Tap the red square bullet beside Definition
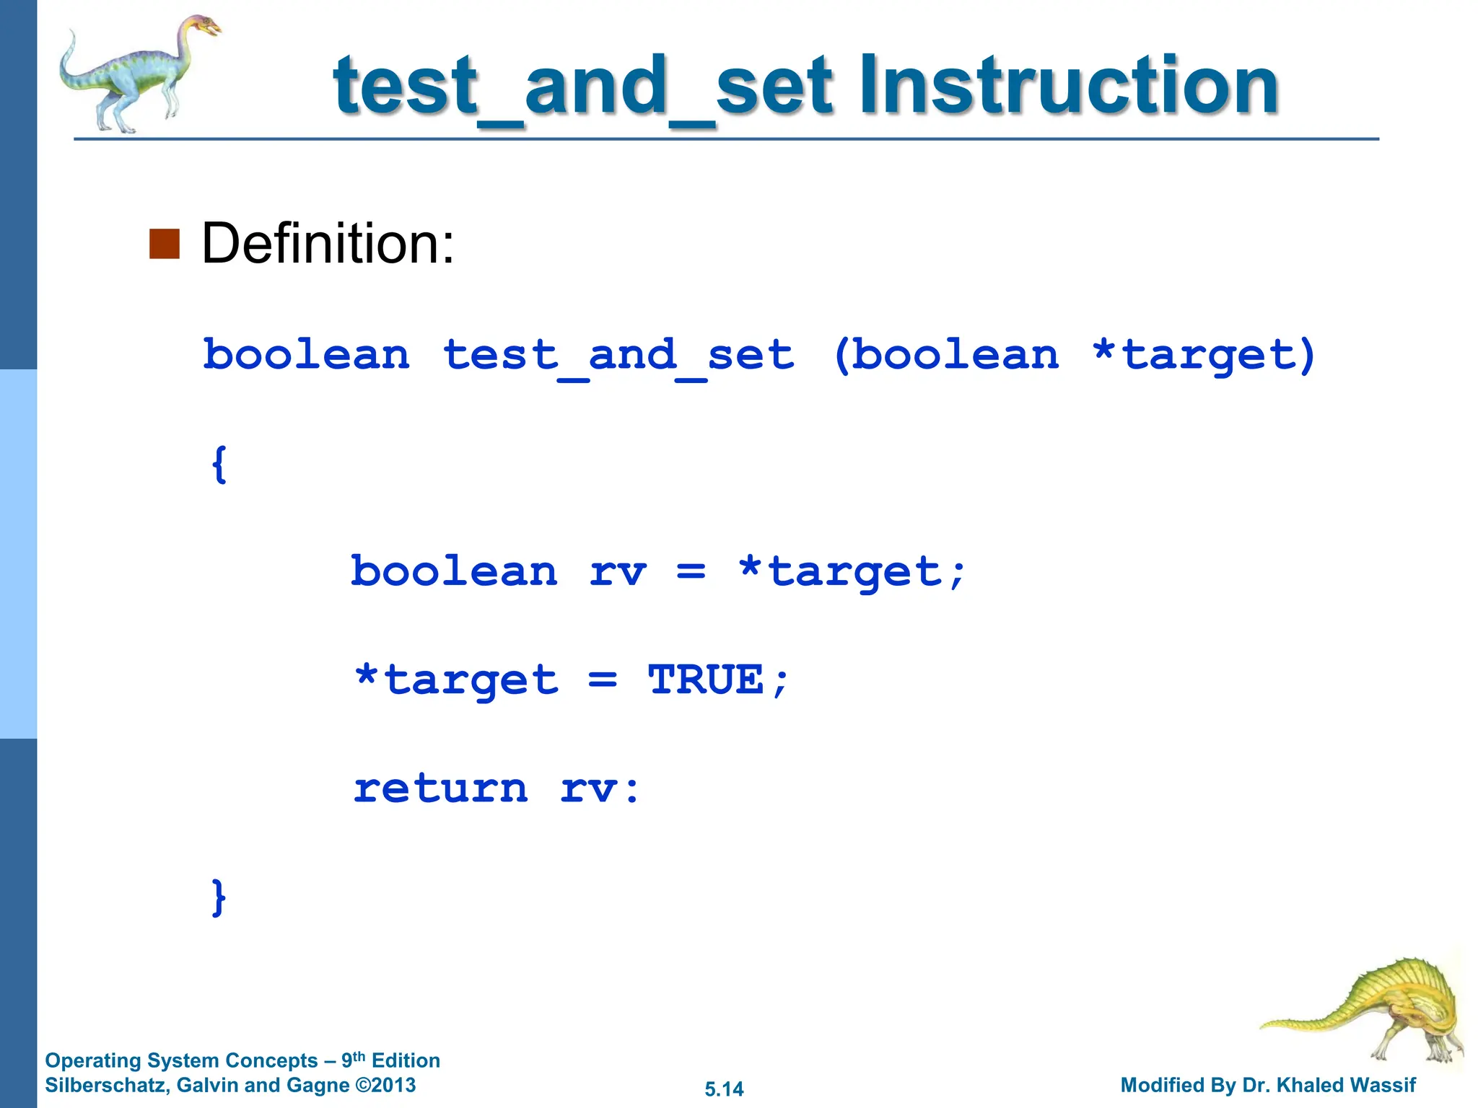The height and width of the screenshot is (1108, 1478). (164, 244)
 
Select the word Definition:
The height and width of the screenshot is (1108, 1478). (328, 244)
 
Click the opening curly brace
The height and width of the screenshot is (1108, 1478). (219, 464)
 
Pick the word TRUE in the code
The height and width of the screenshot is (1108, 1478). (706, 680)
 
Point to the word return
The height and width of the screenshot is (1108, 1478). (440, 788)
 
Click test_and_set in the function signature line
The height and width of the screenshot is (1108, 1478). (618, 356)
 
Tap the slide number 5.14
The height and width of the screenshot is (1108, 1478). (724, 1089)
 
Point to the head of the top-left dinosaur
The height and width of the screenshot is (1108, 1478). (204, 27)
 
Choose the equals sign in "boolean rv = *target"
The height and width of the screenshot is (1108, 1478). (691, 572)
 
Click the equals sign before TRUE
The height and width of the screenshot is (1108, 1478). (603, 680)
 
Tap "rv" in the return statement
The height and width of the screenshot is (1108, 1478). (589, 789)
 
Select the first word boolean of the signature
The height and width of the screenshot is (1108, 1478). (306, 356)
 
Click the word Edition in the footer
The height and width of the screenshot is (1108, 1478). (406, 1060)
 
